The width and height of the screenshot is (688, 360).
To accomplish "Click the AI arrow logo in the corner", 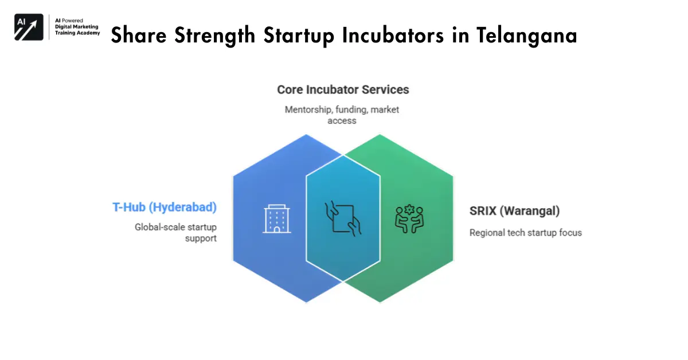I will point(29,27).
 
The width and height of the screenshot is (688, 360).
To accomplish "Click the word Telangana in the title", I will point(526,36).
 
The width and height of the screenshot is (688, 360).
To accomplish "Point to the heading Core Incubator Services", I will point(343,90).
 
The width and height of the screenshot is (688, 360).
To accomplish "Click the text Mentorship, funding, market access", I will point(342,115).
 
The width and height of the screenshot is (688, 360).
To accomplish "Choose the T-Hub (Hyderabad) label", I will point(165,208).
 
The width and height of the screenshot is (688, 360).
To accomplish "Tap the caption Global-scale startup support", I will point(176,232).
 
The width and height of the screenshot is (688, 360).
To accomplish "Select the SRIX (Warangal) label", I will point(514,211).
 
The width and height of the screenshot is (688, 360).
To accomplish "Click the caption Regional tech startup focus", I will point(525,233).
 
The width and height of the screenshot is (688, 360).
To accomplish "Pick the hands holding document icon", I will point(343,218).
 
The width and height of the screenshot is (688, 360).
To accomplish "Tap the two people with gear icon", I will point(409,219).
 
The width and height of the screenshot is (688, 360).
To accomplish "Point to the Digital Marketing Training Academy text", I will point(77,27).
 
